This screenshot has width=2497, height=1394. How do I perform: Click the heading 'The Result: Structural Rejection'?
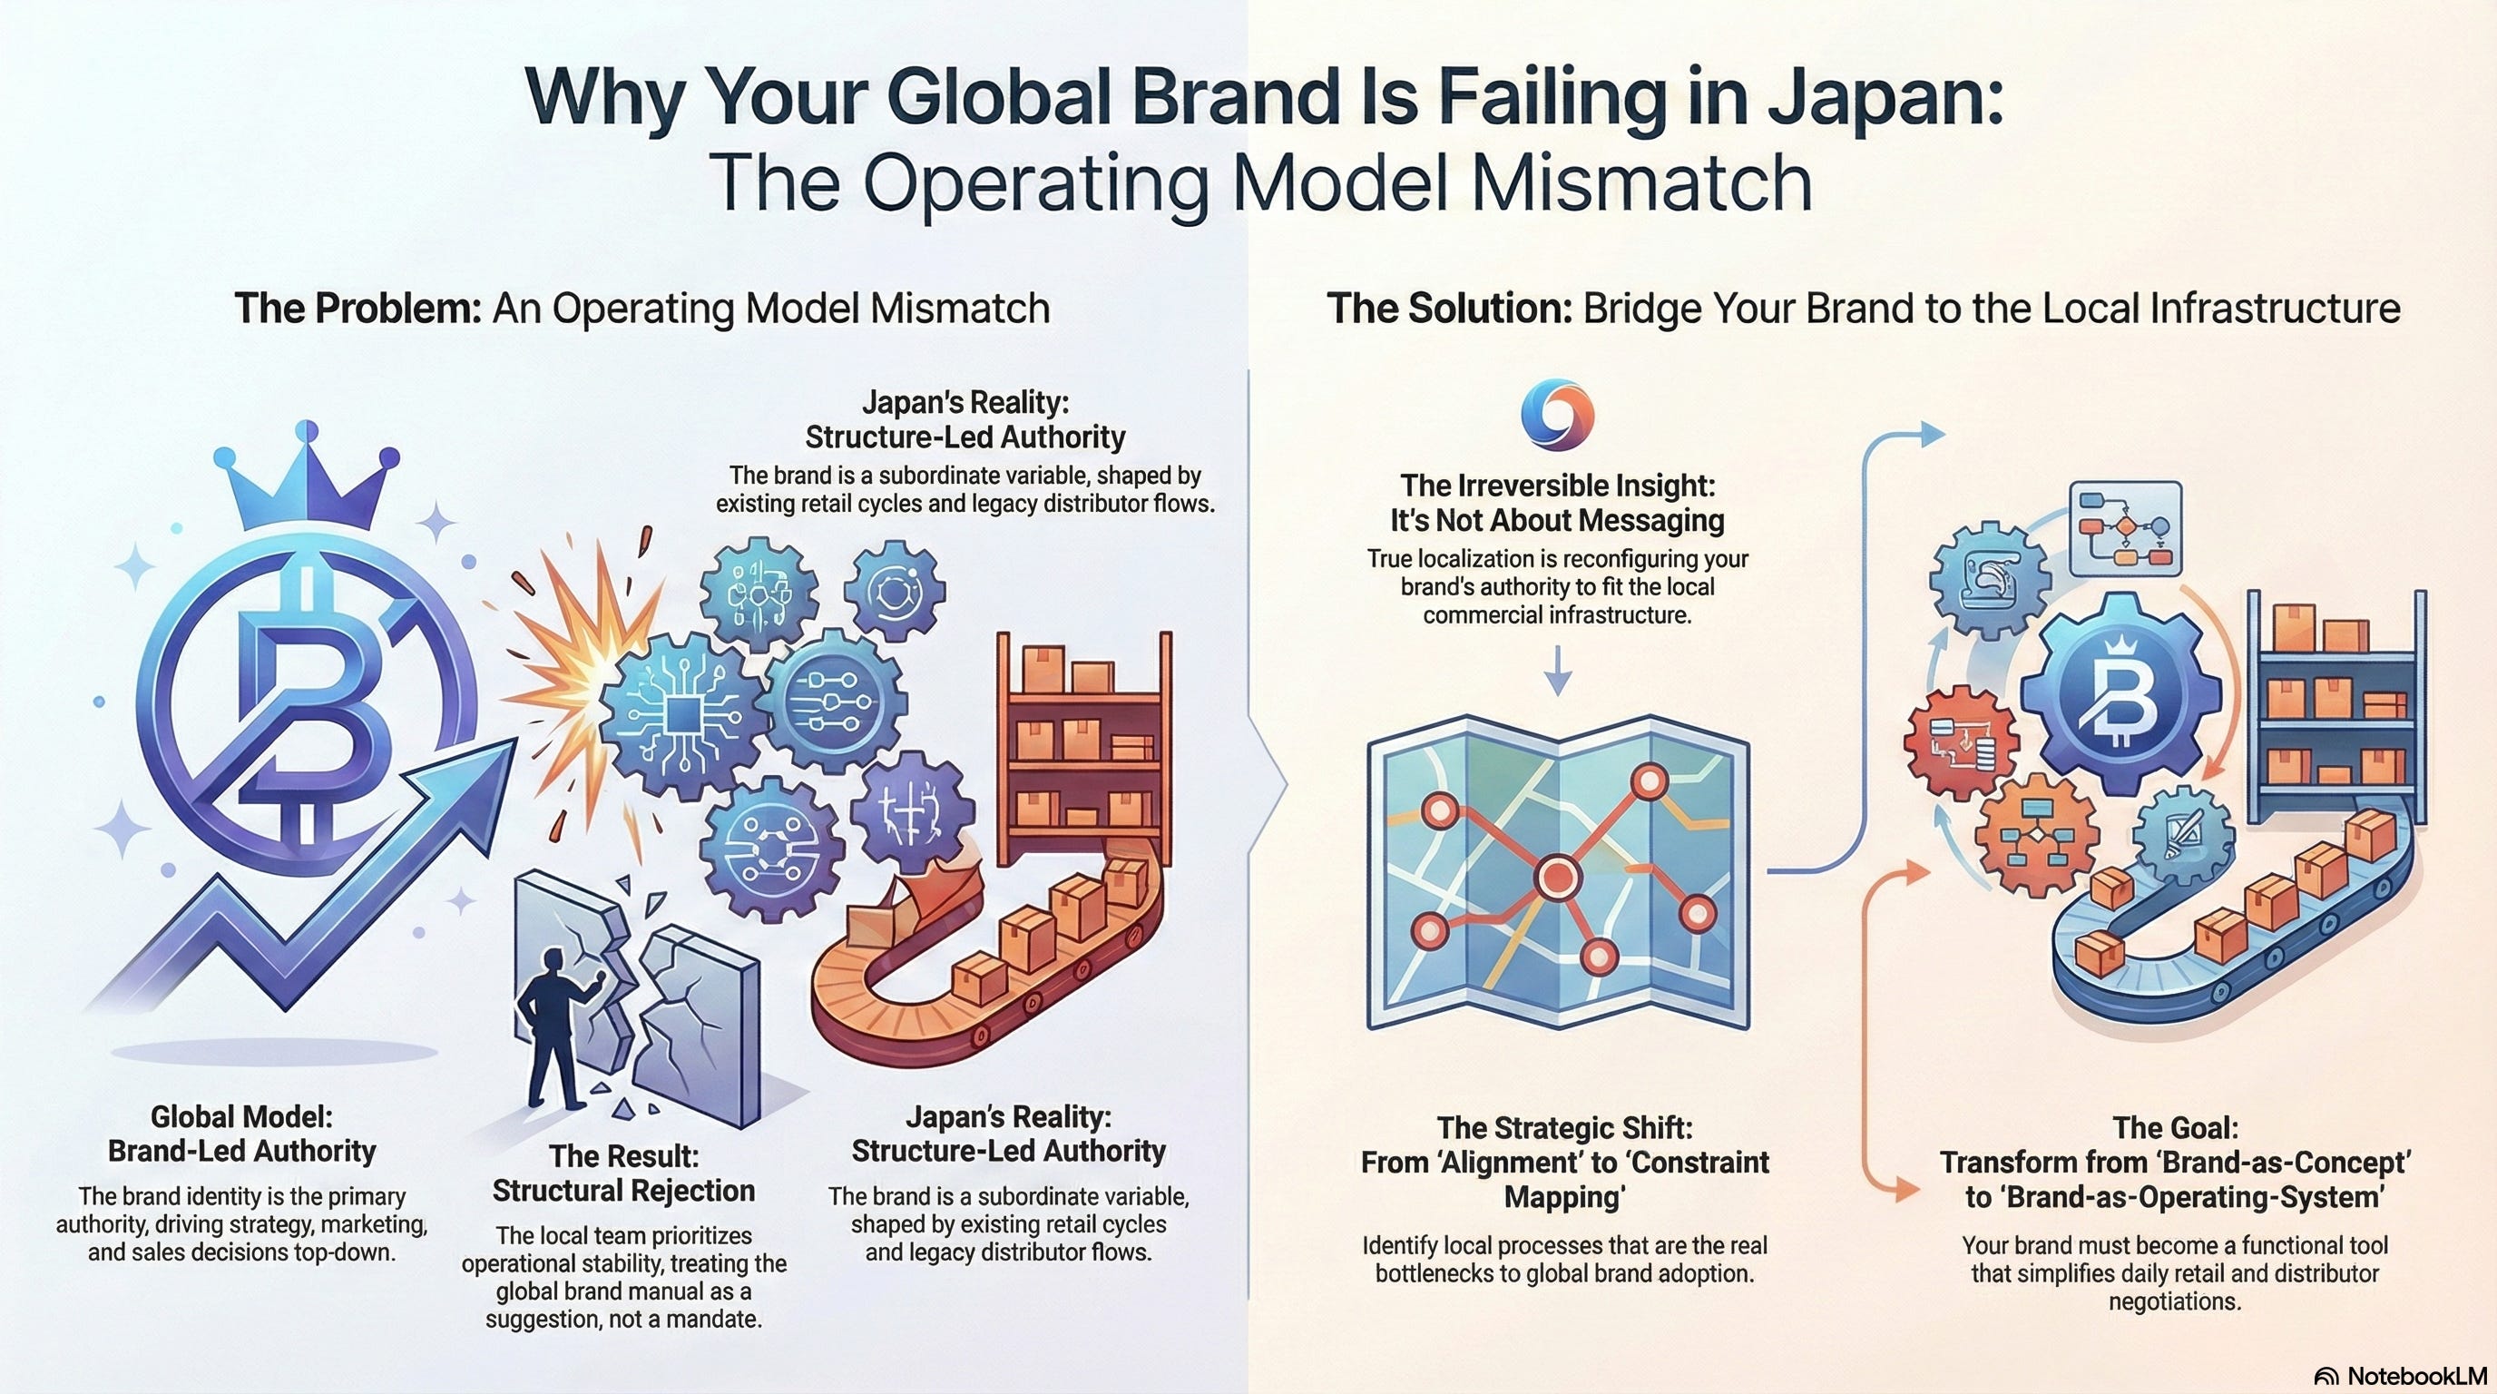pyautogui.click(x=623, y=1173)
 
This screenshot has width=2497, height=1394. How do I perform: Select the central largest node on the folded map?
pyautogui.click(x=1558, y=877)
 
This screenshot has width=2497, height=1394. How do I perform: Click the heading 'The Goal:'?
pyautogui.click(x=2175, y=1127)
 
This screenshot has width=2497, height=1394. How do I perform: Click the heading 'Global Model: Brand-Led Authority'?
pyautogui.click(x=241, y=1134)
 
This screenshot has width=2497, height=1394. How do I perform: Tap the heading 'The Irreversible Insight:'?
pyautogui.click(x=1557, y=485)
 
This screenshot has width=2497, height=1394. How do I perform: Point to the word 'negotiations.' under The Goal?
pyautogui.click(x=2174, y=1301)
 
